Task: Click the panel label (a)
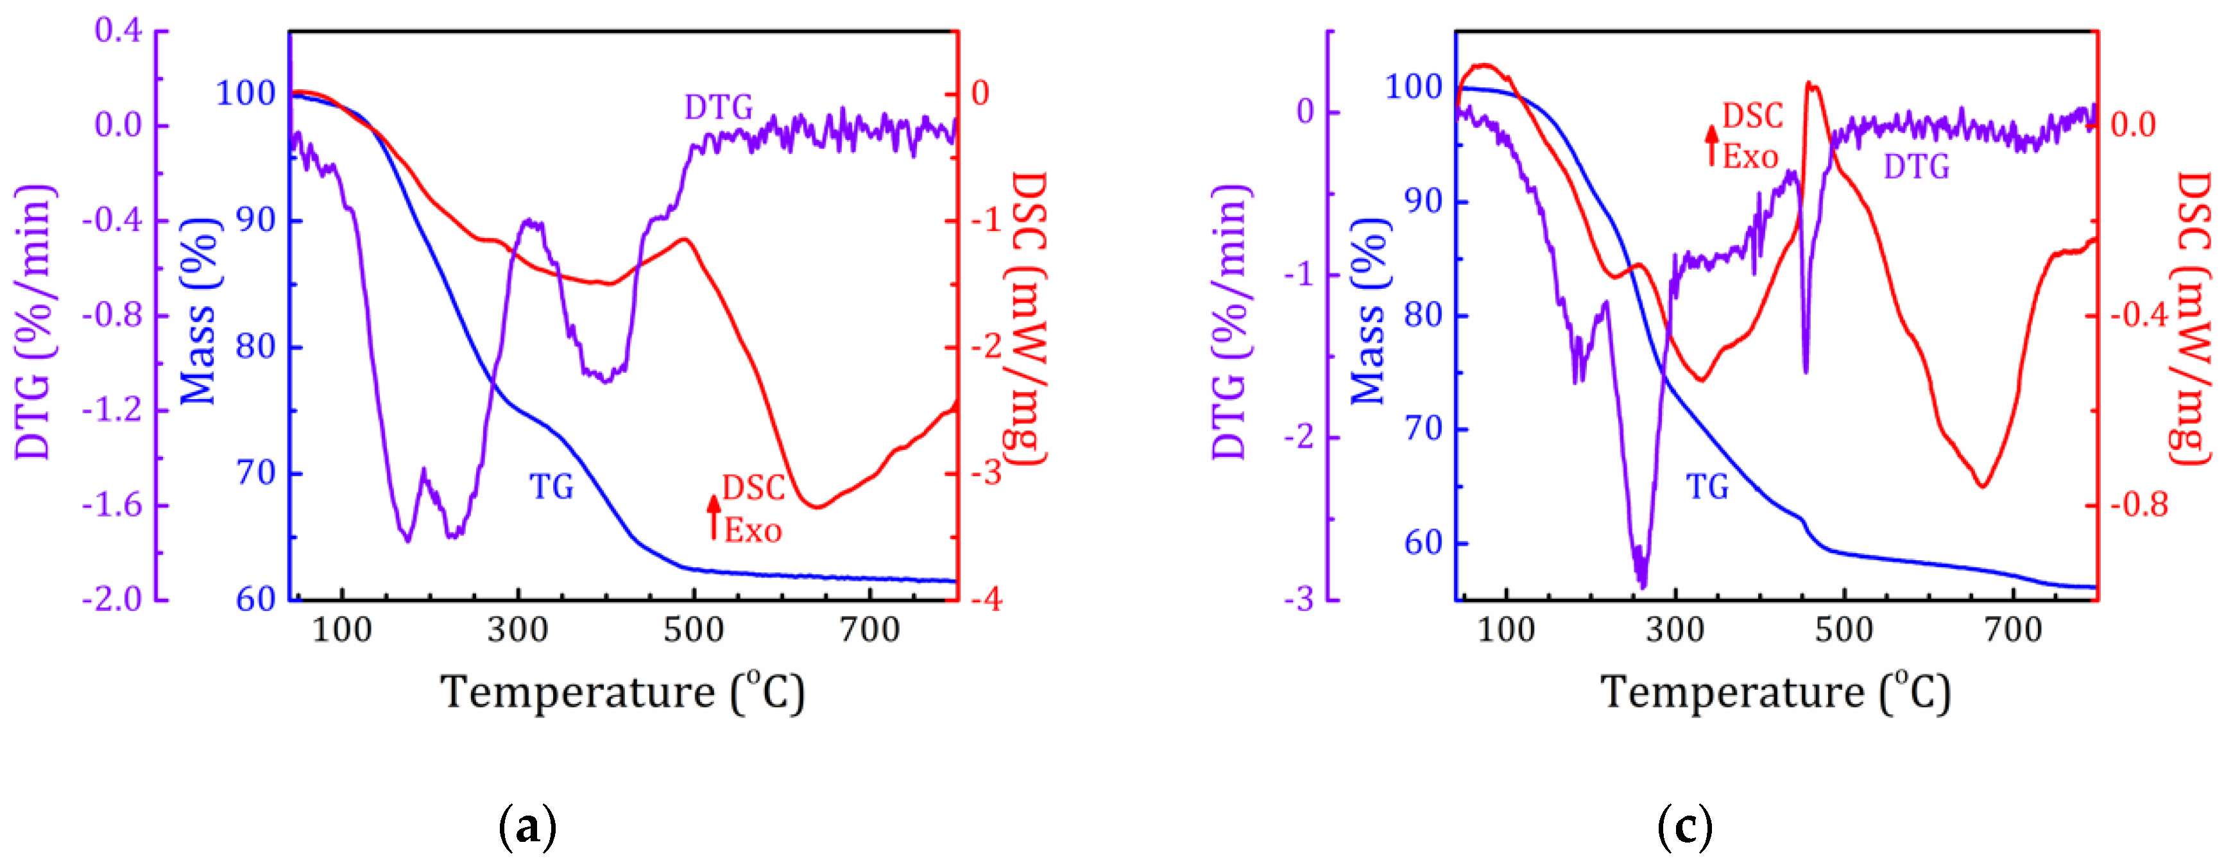527,827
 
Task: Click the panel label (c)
1684,827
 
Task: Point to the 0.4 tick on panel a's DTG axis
117,31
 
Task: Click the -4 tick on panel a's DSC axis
985,599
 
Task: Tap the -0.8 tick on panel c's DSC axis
2139,505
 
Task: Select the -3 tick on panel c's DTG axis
1299,599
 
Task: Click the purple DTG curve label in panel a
718,108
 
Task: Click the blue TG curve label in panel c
1707,488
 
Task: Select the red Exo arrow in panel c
1711,145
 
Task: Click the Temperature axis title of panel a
622,692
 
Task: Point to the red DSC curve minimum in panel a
816,507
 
